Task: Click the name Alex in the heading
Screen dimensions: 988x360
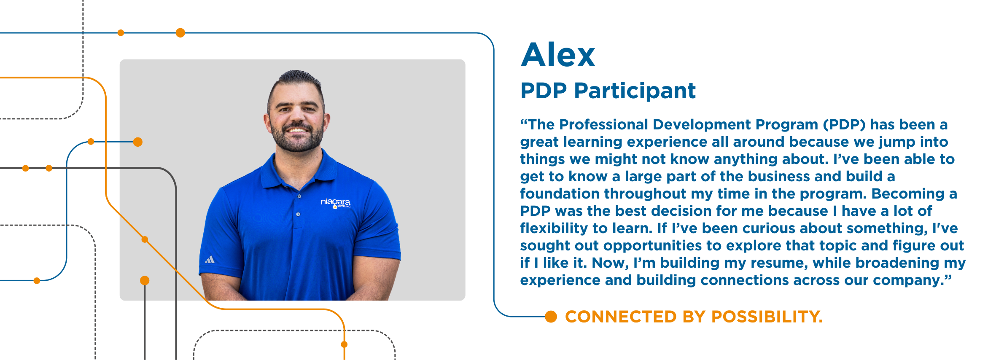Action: point(558,55)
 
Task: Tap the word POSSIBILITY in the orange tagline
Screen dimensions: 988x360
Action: point(767,317)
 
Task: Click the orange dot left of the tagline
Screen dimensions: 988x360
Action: point(551,317)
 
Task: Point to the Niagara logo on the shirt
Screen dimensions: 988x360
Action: point(336,203)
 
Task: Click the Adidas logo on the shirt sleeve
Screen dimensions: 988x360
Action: point(210,260)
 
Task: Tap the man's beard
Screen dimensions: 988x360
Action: point(298,137)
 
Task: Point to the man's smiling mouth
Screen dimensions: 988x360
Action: point(297,130)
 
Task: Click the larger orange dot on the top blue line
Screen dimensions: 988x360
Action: point(180,33)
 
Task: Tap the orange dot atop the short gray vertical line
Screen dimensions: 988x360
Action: point(145,280)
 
